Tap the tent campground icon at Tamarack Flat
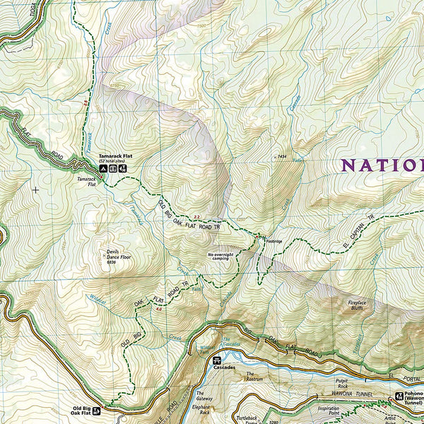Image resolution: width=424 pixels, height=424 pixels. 103,168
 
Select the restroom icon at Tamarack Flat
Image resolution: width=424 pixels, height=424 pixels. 113,168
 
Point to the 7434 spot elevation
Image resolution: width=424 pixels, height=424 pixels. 281,158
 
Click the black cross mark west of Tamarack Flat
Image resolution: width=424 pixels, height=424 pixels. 35,189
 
